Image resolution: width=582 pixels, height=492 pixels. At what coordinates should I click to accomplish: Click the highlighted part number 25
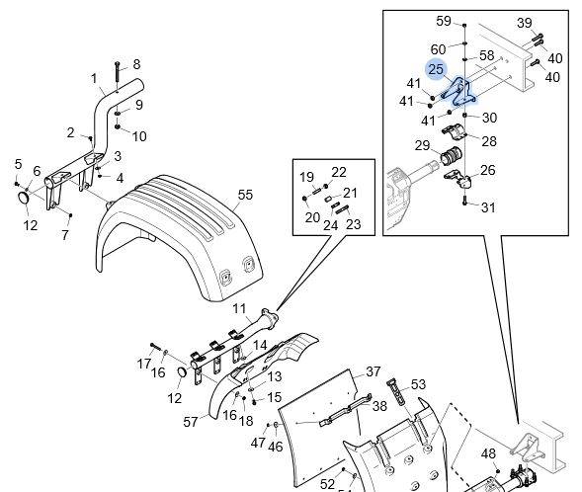point(436,69)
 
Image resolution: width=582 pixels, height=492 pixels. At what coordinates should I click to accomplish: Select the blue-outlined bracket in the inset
point(459,93)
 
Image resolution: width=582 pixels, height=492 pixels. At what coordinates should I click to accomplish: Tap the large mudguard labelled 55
point(178,237)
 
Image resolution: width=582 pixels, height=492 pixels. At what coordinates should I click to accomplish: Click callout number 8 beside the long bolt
point(136,64)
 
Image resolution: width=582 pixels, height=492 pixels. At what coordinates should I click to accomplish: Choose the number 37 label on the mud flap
point(374,371)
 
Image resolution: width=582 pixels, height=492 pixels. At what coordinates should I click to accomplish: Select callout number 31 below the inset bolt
point(488,207)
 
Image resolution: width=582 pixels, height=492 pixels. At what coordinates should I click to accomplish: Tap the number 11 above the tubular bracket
point(239,308)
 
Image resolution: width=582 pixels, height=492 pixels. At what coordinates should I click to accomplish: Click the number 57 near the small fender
point(191,422)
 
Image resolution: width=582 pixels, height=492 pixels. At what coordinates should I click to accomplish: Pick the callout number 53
point(418,384)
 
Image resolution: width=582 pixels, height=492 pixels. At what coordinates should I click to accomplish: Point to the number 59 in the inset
point(444,21)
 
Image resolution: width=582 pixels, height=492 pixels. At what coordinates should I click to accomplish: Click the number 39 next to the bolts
point(524,23)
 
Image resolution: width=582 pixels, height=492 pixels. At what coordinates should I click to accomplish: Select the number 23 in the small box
point(353,224)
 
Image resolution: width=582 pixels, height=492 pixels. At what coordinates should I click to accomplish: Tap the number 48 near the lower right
point(488,453)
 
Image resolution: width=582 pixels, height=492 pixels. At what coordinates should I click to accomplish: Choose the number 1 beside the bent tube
point(94,78)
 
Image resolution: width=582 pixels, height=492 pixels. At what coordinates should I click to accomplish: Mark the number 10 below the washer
point(139,136)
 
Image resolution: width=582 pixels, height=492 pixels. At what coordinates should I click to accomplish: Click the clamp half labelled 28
point(454,133)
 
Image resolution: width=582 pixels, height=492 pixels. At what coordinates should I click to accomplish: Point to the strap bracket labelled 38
point(345,410)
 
